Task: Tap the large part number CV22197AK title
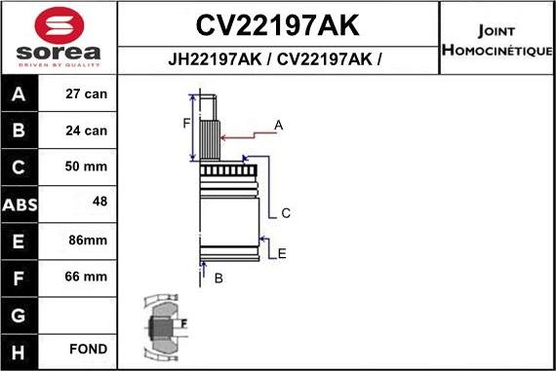(277, 24)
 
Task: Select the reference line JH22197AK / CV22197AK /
(277, 58)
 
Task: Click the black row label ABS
(20, 204)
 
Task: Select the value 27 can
(87, 95)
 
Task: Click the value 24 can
(87, 130)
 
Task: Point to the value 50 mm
(87, 167)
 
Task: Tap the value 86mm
(87, 240)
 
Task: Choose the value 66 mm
(87, 277)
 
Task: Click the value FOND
(87, 350)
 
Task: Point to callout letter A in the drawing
(278, 125)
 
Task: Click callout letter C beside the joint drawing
(286, 213)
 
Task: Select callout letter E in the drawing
(282, 254)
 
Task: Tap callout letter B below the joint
(218, 278)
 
